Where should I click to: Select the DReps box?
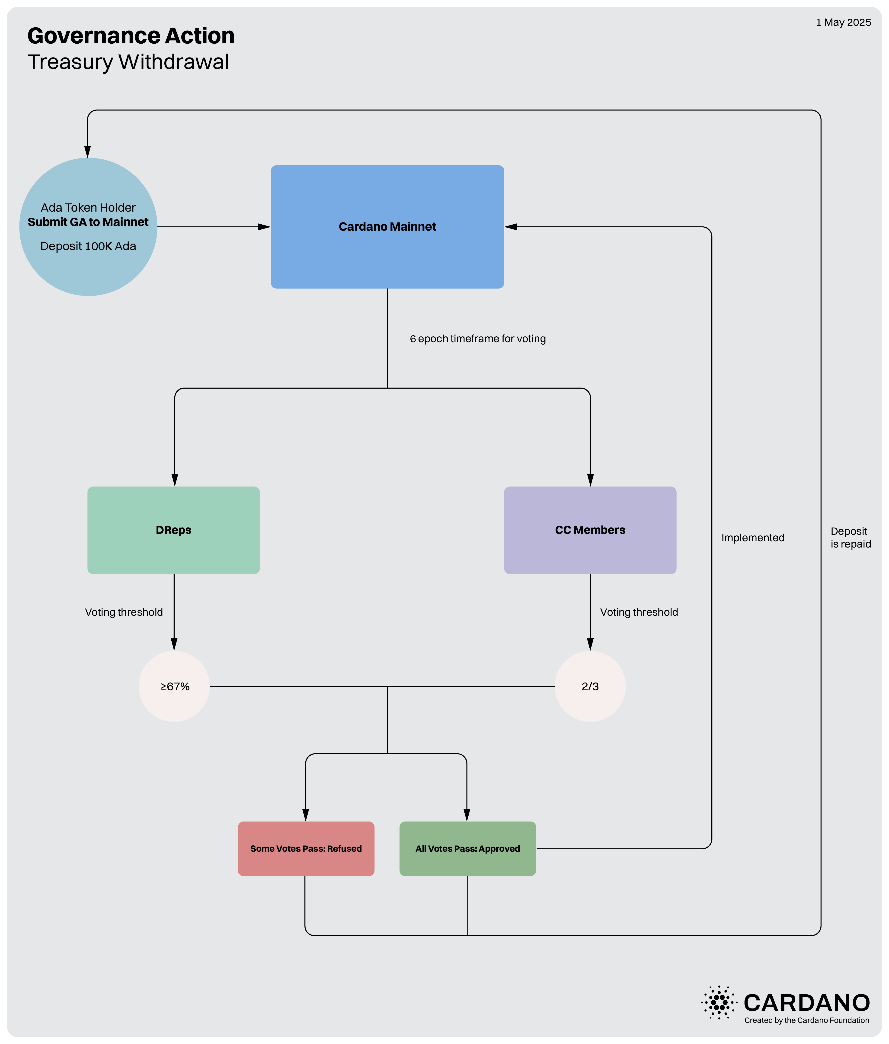[174, 530]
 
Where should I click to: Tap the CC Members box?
[590, 530]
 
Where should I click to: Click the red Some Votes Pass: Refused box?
[306, 848]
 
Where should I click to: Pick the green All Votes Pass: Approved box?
[467, 848]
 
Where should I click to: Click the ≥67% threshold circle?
[174, 686]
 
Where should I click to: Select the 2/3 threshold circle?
[590, 686]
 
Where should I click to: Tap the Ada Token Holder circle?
[88, 227]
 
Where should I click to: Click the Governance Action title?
[131, 36]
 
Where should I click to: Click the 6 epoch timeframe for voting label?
[477, 338]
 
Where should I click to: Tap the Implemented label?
[752, 538]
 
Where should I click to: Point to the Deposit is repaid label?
[851, 538]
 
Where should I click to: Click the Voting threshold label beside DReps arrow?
[124, 612]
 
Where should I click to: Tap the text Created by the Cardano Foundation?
[807, 1020]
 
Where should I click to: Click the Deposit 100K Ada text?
[88, 246]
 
